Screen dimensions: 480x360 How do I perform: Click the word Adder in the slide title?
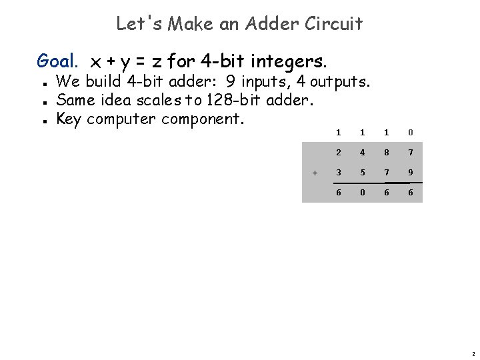[263, 24]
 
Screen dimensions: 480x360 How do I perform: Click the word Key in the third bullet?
[69, 119]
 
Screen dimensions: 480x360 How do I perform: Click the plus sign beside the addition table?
[315, 173]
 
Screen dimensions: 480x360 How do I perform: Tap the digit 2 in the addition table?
[338, 153]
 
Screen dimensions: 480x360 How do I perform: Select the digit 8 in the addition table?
[387, 153]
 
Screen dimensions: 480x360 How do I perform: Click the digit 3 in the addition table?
[338, 173]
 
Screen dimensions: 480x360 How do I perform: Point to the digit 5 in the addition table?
[363, 173]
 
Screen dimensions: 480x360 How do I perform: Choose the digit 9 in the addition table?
[411, 173]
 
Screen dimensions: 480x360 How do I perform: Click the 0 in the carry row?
[411, 132]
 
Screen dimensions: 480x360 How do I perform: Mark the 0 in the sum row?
[363, 192]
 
